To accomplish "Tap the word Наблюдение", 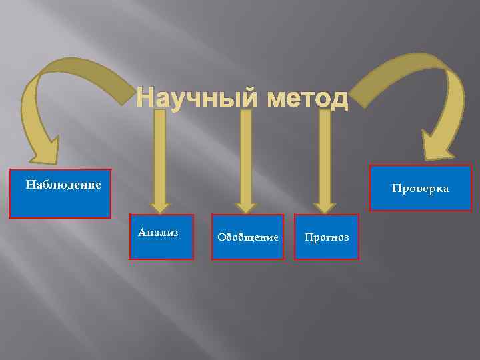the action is [x=63, y=183].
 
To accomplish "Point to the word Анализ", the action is [x=159, y=232].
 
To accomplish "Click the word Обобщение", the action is [x=247, y=237].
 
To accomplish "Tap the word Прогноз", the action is [x=326, y=237].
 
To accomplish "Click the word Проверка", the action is [x=420, y=189].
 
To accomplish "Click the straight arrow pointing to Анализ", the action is [x=159, y=153].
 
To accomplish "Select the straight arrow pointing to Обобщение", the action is [x=246, y=153].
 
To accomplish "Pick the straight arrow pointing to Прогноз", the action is [x=325, y=153].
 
